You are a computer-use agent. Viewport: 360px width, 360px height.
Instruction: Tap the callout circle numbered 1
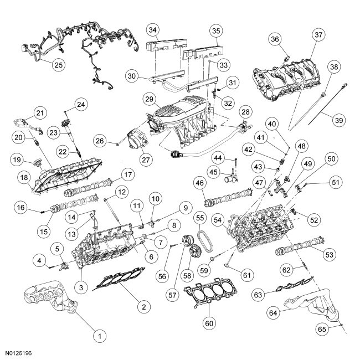pos(100,335)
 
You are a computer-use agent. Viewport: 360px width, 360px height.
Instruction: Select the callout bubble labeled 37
pos(318,35)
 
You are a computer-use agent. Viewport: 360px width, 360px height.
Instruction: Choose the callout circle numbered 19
pos(17,161)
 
